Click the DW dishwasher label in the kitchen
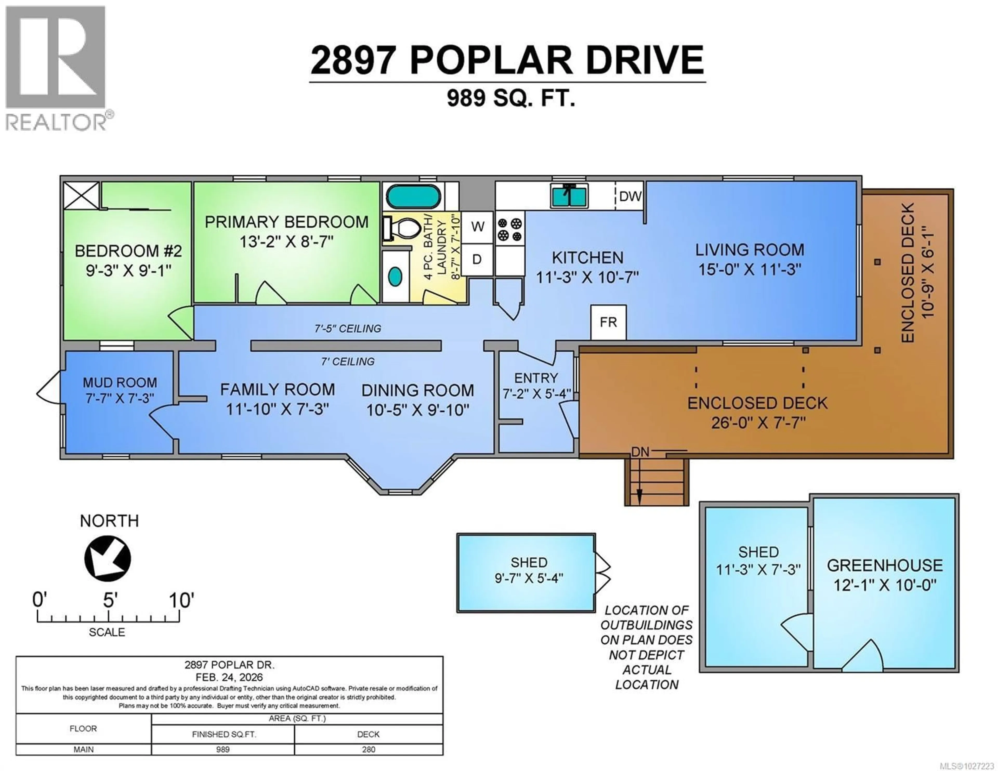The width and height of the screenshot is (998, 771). point(630,196)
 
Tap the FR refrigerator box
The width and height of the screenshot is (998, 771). point(608,322)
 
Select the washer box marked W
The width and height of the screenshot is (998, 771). point(477,226)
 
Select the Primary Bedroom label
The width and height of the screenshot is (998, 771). point(286,222)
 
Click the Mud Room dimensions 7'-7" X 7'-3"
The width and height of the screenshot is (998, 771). point(120,399)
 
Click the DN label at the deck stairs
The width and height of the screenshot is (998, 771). point(640,452)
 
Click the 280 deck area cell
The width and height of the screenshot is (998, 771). point(368,749)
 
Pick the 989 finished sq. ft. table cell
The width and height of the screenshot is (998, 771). point(223,749)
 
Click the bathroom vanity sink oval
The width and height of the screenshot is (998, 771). point(395,276)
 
